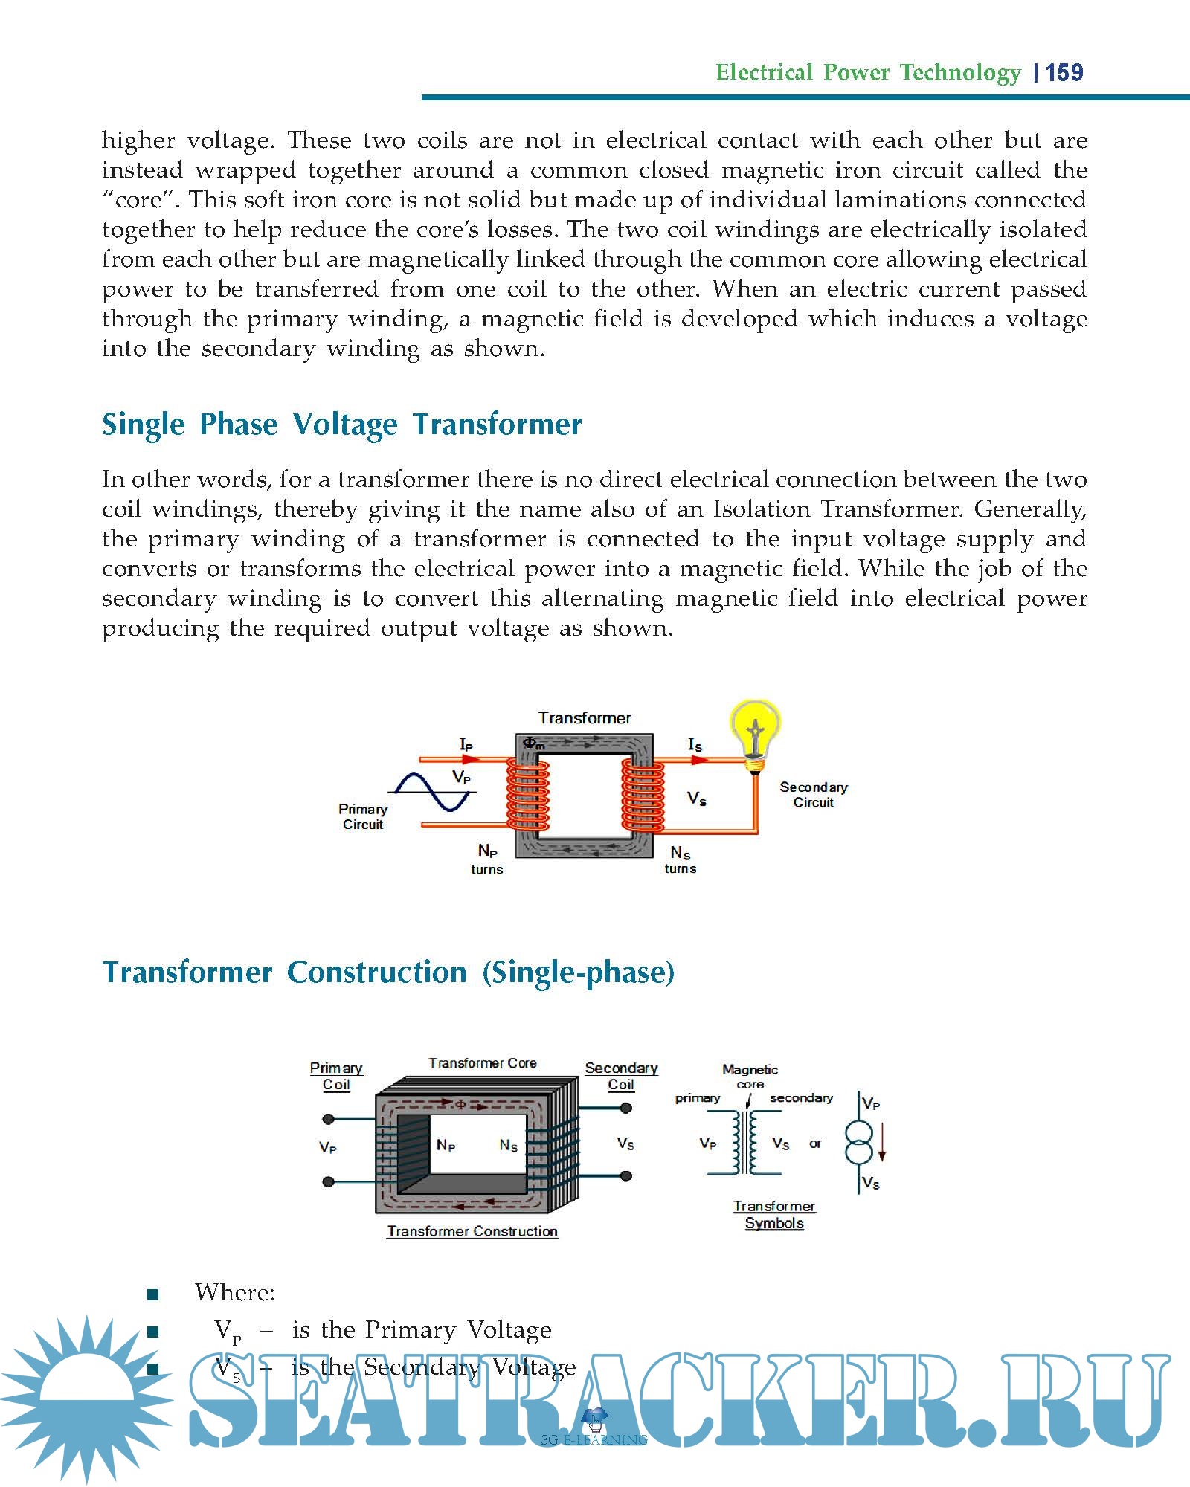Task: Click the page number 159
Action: coord(1064,73)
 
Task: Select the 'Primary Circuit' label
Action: coord(363,816)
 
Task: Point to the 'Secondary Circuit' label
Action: coord(813,794)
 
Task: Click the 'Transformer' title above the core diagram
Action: coord(585,718)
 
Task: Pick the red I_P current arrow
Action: coord(470,759)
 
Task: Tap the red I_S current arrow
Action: coord(698,759)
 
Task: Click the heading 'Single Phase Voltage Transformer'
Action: coord(341,425)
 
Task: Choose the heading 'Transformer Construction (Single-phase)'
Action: coord(388,972)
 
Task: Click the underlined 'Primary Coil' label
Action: coord(336,1076)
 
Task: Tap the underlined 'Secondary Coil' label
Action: coord(621,1076)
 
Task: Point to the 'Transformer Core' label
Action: coord(482,1063)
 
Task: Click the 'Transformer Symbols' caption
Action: coord(774,1214)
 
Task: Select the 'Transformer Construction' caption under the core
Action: coord(472,1231)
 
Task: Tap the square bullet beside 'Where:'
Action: coord(153,1294)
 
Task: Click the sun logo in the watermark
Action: coord(86,1398)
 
